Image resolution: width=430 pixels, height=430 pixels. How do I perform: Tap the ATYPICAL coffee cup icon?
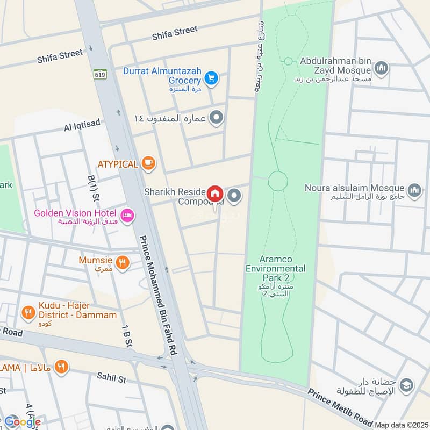click(x=149, y=164)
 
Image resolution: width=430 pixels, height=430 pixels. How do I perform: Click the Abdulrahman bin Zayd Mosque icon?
click(x=382, y=68)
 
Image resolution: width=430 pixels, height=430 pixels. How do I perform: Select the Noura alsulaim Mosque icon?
click(x=414, y=190)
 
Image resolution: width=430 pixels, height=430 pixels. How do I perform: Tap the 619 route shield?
click(x=99, y=74)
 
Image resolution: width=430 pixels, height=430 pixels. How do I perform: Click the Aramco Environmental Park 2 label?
click(x=276, y=269)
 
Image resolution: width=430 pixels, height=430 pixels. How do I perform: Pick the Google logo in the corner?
click(x=23, y=421)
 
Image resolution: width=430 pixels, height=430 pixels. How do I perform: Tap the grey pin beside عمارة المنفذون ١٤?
click(x=216, y=118)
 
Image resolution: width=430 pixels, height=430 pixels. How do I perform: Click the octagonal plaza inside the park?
click(x=278, y=181)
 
